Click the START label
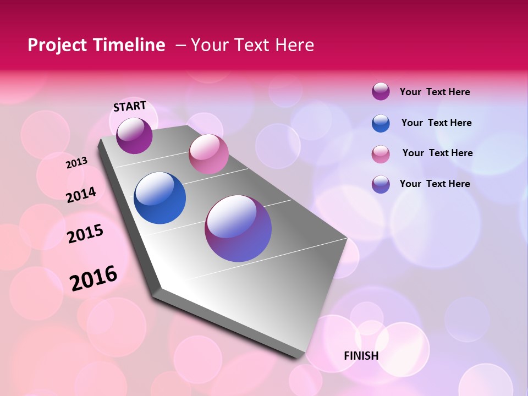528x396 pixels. [130, 106]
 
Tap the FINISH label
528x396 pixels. [361, 356]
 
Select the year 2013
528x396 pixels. [76, 163]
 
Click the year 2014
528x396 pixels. [81, 195]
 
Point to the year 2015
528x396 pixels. [85, 234]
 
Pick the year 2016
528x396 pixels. [94, 278]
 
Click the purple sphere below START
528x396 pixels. [134, 135]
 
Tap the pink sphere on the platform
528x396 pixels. [208, 154]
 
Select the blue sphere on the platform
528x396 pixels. [160, 198]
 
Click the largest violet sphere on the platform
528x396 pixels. [238, 228]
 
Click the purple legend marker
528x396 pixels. [381, 91]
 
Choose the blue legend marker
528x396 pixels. [381, 123]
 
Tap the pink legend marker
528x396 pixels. [381, 154]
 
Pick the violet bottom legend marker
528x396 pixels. [381, 184]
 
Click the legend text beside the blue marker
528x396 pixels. [436, 123]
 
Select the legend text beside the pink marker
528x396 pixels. [437, 153]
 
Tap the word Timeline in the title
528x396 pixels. [133, 45]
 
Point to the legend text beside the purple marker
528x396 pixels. [435, 92]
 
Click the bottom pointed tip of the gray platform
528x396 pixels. [300, 356]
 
